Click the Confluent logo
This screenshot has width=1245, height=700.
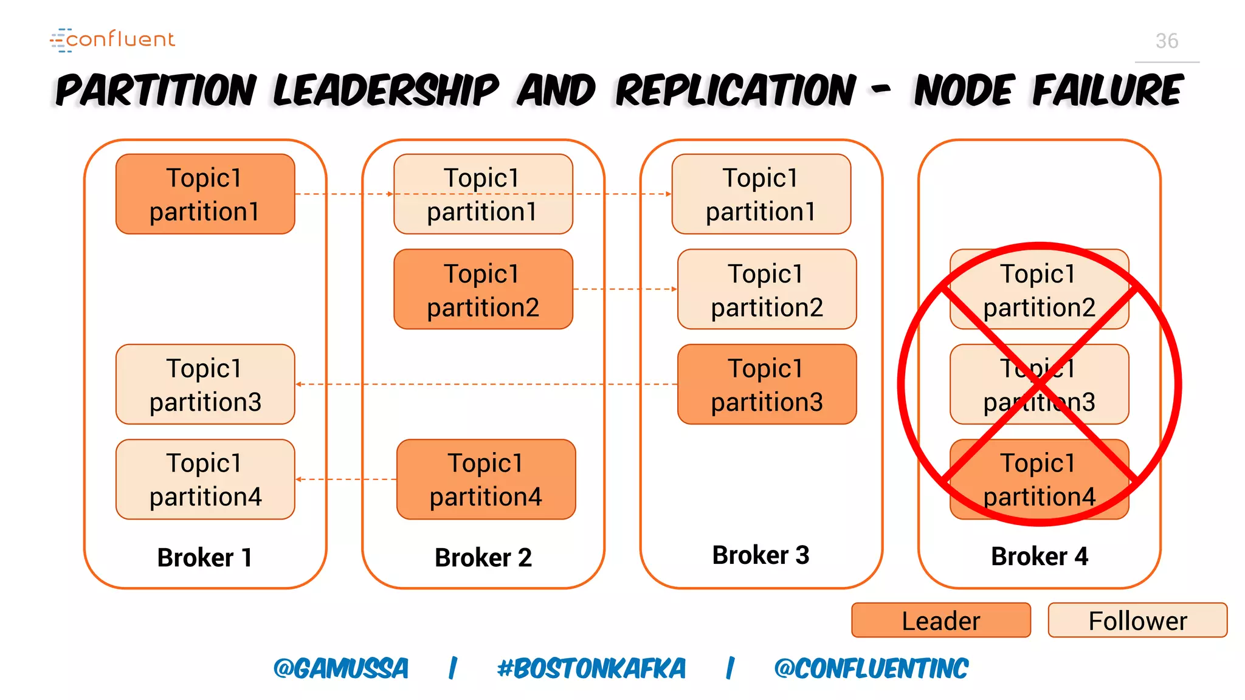click(112, 39)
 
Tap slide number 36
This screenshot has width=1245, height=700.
click(1167, 41)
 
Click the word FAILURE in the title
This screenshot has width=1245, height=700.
click(1108, 91)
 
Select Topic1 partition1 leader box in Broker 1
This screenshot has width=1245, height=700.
click(205, 194)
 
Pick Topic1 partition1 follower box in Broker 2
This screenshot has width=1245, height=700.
click(483, 194)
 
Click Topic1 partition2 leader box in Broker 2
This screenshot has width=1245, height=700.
click(483, 289)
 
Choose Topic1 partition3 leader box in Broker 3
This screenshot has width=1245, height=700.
click(767, 384)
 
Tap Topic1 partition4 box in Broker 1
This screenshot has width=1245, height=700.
click(205, 479)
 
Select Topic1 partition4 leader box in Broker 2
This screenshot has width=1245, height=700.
click(486, 479)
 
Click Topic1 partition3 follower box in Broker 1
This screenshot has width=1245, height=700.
click(205, 384)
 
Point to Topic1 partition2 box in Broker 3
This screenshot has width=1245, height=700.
click(767, 289)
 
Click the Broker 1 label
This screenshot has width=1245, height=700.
click(205, 557)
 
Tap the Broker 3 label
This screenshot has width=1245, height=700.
click(760, 555)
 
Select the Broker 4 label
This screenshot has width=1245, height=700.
click(1040, 556)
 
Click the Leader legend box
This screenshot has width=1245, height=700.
click(941, 620)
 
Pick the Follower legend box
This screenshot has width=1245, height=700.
click(1137, 620)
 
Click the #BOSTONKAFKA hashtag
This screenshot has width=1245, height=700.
click(591, 669)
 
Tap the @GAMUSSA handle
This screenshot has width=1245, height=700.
click(341, 669)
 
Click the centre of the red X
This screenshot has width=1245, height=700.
click(1040, 384)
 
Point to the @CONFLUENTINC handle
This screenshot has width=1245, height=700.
click(871, 669)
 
